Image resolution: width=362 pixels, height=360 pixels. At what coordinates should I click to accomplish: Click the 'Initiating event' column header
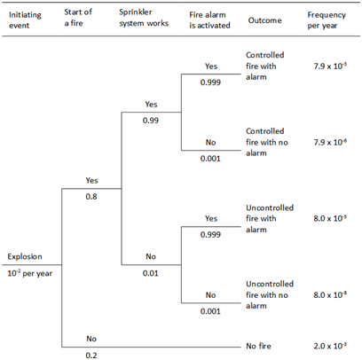click(x=25, y=20)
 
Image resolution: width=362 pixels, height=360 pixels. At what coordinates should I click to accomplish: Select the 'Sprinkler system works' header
click(x=144, y=18)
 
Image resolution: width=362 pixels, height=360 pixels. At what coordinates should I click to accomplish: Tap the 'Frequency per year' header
click(x=327, y=20)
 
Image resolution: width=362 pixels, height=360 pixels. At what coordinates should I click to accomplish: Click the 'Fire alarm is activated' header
click(x=209, y=20)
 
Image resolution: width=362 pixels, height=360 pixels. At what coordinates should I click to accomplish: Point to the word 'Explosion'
click(x=25, y=256)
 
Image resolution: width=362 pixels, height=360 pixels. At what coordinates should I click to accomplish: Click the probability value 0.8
click(x=91, y=197)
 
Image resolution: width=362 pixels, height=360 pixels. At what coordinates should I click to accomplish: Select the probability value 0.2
click(x=91, y=355)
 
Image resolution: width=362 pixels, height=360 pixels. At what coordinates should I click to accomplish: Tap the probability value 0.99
click(x=151, y=121)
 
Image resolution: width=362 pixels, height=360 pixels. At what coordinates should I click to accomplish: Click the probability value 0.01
click(x=151, y=273)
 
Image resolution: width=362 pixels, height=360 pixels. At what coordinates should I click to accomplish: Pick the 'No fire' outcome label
click(x=258, y=346)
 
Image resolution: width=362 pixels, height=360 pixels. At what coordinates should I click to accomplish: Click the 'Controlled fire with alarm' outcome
click(x=265, y=66)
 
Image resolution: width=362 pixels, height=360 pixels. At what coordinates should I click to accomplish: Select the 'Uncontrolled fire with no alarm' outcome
click(x=270, y=294)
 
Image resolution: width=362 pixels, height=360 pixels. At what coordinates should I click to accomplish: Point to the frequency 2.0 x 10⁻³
click(x=330, y=346)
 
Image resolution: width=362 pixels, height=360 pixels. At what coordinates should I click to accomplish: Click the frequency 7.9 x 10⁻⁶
click(x=330, y=142)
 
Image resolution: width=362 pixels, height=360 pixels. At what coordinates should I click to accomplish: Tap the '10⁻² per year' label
click(x=30, y=273)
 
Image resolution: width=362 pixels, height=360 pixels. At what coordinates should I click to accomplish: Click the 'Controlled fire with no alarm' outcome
click(x=267, y=142)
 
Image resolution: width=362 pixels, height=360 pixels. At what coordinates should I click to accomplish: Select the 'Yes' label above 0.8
click(x=91, y=180)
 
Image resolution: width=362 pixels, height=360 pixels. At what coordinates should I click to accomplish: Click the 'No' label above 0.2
click(x=91, y=339)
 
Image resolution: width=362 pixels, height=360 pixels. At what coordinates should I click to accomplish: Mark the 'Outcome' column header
click(x=264, y=20)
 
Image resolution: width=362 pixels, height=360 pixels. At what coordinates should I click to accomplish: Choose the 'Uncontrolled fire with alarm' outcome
click(x=270, y=218)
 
